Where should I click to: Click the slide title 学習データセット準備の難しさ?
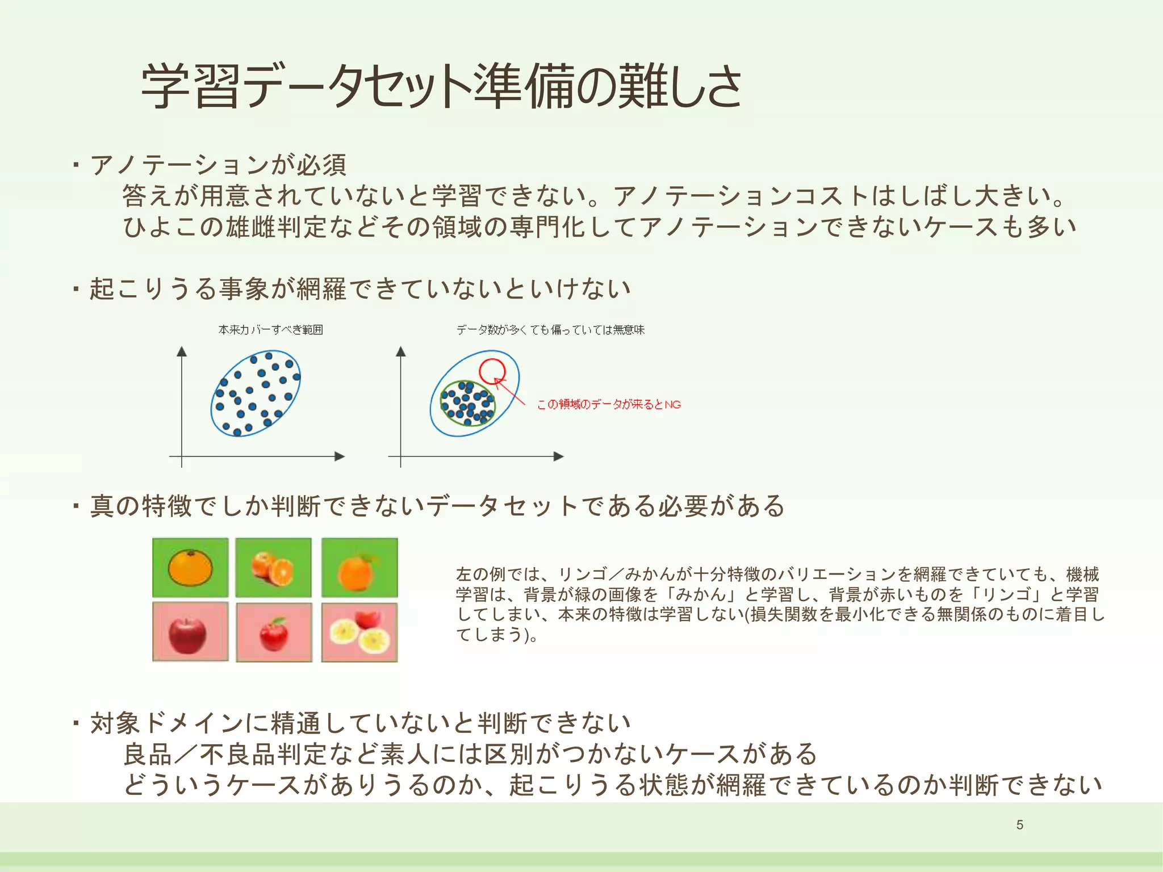coord(441,86)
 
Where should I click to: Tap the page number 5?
coord(1020,825)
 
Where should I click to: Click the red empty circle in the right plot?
coord(492,371)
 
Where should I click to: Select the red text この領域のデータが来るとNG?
coord(609,404)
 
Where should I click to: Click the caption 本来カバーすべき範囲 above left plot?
coord(270,330)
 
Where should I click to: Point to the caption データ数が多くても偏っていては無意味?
coord(550,330)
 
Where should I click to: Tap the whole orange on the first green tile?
coord(190,567)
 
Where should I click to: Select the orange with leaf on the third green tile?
coord(357,571)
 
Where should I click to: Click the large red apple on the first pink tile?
coord(187,635)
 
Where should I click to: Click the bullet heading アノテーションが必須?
coord(218,165)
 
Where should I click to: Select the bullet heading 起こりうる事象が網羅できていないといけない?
coord(360,288)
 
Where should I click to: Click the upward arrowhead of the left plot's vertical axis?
coord(182,351)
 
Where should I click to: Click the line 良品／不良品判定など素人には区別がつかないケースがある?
coord(470,754)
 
